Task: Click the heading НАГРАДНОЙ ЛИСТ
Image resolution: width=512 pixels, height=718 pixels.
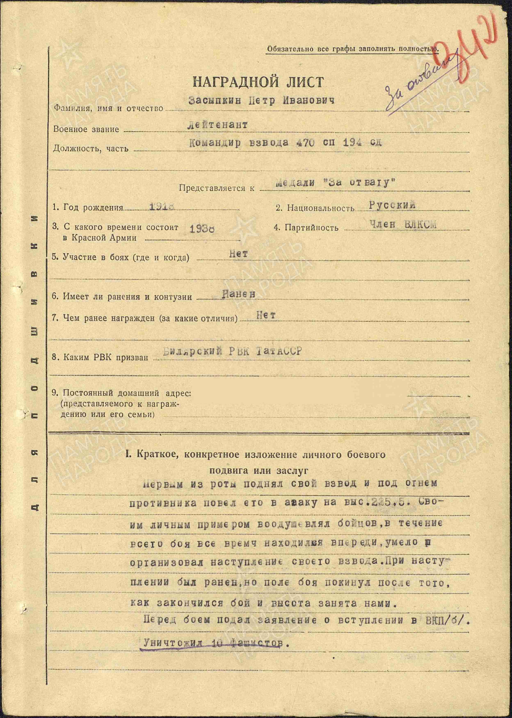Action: click(x=258, y=82)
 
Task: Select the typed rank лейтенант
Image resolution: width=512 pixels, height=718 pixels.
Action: click(x=217, y=125)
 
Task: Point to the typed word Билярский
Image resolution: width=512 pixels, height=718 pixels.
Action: click(x=192, y=351)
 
